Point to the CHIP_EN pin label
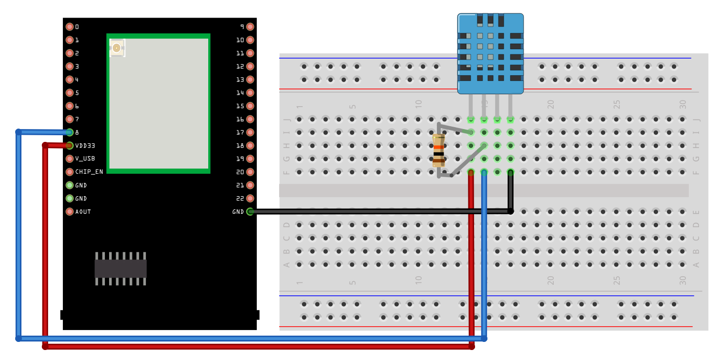[x=89, y=172]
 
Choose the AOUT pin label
[x=83, y=212]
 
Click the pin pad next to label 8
[x=70, y=132]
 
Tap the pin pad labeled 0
[x=70, y=27]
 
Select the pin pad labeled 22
[x=250, y=199]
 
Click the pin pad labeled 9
[x=250, y=27]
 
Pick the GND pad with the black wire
[x=250, y=212]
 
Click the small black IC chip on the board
[x=121, y=269]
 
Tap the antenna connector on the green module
[x=117, y=47]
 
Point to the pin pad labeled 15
[x=250, y=106]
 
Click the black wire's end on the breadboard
[x=510, y=211]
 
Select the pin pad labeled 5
[x=70, y=93]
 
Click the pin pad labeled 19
[x=250, y=159]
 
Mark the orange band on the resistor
[x=438, y=147]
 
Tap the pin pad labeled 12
[x=250, y=66]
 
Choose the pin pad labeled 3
[x=70, y=66]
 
